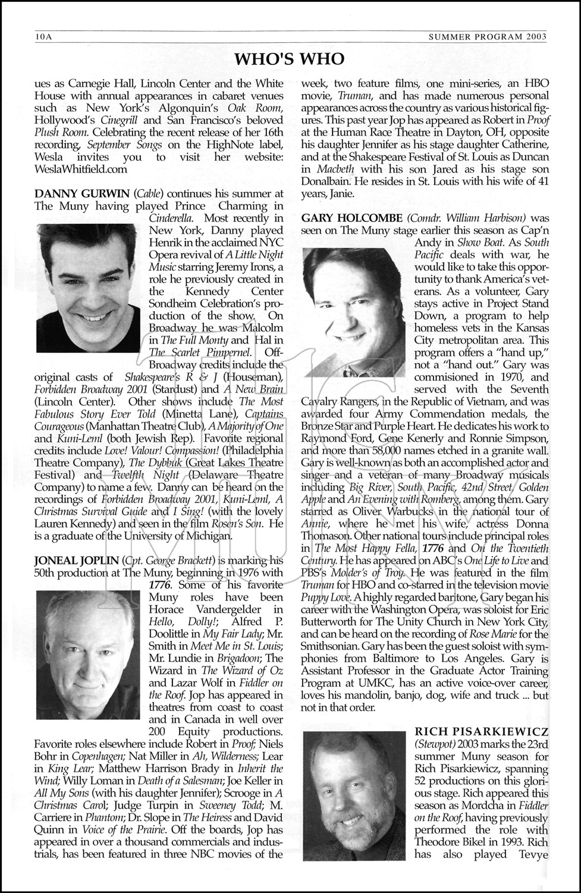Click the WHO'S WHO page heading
290,58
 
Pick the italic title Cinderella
173,218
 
